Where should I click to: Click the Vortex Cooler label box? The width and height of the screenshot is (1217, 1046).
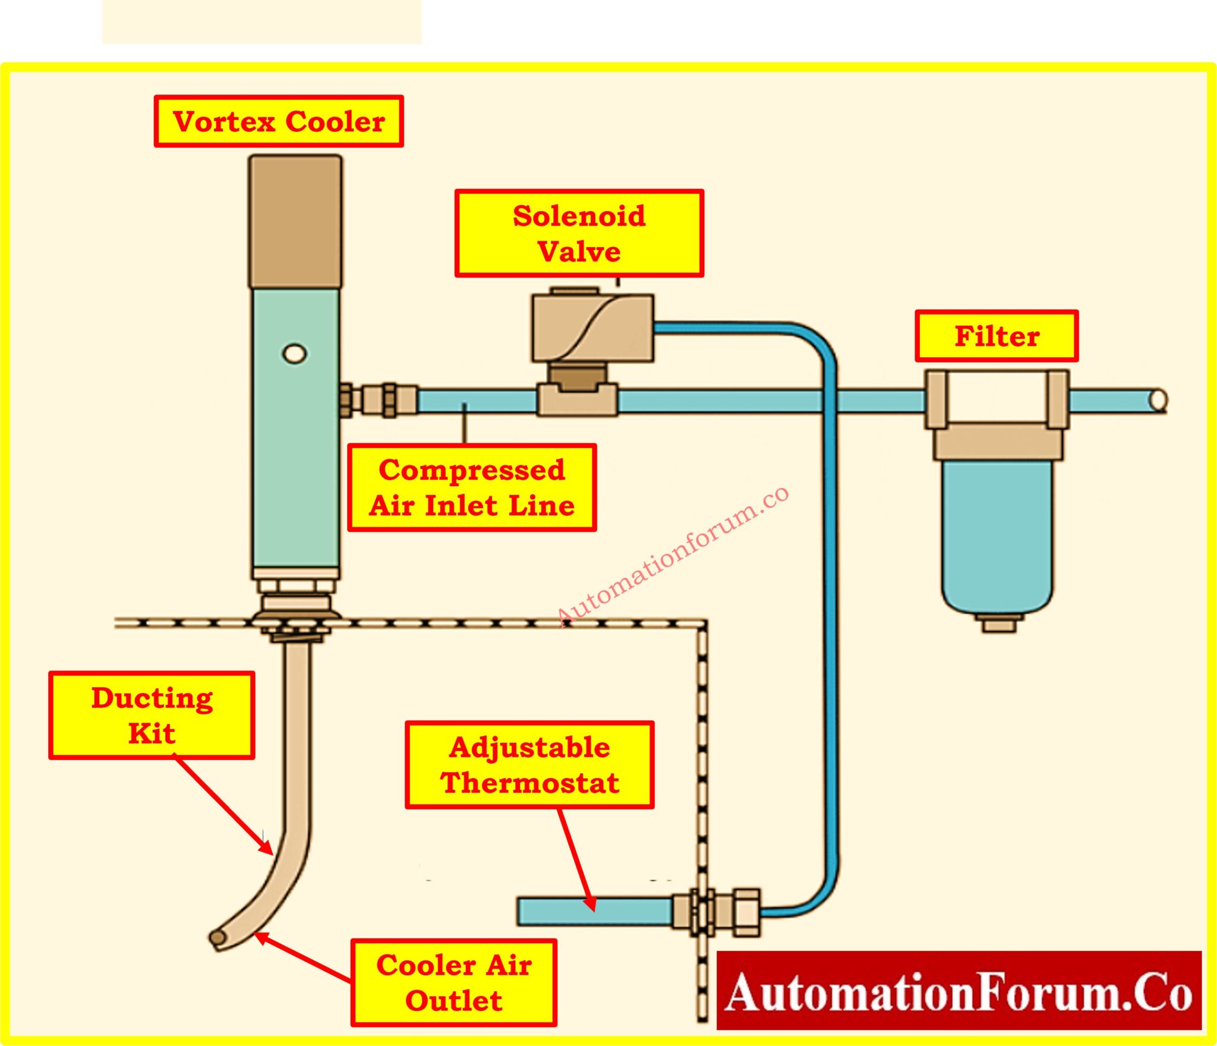click(x=279, y=121)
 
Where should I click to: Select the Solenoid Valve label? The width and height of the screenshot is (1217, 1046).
click(x=579, y=234)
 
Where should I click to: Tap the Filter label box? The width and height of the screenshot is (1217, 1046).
click(x=997, y=336)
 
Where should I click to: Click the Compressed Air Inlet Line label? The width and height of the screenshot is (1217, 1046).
click(x=472, y=487)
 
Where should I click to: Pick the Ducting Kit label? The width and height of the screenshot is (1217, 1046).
click(x=152, y=716)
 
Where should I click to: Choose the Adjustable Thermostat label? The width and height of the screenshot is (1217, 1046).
click(x=529, y=765)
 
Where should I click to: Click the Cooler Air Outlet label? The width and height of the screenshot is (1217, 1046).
click(x=453, y=983)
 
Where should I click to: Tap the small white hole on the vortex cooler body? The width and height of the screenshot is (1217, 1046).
click(x=294, y=354)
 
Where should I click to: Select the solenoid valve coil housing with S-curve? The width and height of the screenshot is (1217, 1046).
click(x=593, y=327)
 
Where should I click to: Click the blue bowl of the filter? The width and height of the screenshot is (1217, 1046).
click(x=997, y=535)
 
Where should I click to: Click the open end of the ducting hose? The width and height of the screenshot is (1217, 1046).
click(x=218, y=938)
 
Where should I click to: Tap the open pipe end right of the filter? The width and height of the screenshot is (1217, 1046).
click(x=1158, y=401)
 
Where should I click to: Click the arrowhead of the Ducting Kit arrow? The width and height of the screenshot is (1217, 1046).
click(x=267, y=849)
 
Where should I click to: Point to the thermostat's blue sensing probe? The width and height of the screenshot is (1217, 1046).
click(x=594, y=911)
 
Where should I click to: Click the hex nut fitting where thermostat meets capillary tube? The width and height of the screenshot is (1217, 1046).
click(x=746, y=912)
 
